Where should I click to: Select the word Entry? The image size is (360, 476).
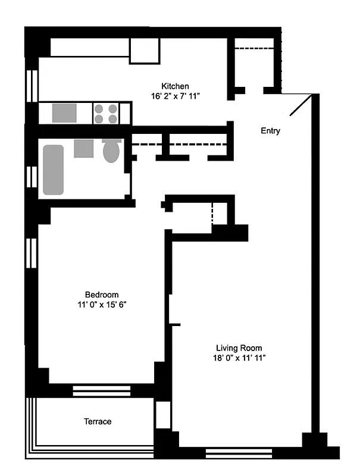[x=270, y=131]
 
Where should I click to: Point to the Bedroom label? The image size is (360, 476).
[x=101, y=295]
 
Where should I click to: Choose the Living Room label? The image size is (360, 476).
[x=239, y=348]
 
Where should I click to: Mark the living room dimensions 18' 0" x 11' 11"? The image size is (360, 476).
[x=239, y=358]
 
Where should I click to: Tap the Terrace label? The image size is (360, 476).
[x=97, y=421]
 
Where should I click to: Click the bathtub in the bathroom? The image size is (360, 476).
[x=53, y=170]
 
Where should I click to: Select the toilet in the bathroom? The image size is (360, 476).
[x=111, y=151]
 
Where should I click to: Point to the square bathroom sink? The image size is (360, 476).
[x=83, y=148]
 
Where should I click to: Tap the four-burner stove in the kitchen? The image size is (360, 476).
[x=106, y=113]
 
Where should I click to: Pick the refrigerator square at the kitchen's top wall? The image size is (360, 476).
[x=145, y=51]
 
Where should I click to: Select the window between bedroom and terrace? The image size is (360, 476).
[x=101, y=390]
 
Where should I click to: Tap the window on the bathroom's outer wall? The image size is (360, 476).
[x=33, y=176]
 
